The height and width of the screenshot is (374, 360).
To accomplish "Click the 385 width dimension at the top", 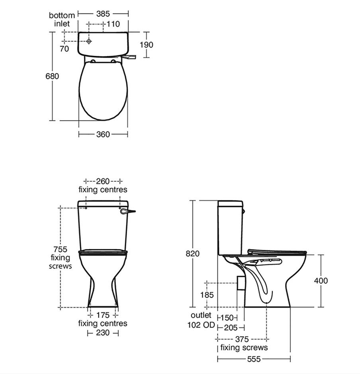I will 103,14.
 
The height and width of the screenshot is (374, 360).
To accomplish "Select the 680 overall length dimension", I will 52,76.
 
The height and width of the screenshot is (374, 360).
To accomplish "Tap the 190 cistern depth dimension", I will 146,45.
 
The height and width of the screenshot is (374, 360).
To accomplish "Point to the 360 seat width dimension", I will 103,134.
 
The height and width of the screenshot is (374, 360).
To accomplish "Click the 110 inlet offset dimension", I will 113,24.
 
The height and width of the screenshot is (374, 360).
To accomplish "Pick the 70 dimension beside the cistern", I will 64,49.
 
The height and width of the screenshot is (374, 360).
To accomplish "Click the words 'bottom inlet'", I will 62,19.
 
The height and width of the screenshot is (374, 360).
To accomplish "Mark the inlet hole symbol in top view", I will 88,41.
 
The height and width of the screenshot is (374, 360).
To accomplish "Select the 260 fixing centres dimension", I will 103,181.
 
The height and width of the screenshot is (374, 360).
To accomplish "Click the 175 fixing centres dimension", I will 103,316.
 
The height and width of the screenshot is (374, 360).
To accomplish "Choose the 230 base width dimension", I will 103,333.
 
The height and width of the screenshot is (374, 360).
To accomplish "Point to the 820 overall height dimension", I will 193,253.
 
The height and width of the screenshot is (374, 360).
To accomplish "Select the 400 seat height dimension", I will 321,280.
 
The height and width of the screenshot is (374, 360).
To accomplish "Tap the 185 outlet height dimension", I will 207,295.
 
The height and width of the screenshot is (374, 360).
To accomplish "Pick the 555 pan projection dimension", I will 253,359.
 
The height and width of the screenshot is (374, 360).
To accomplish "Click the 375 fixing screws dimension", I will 242,339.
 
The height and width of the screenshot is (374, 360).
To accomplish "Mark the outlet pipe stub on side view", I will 240,283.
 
